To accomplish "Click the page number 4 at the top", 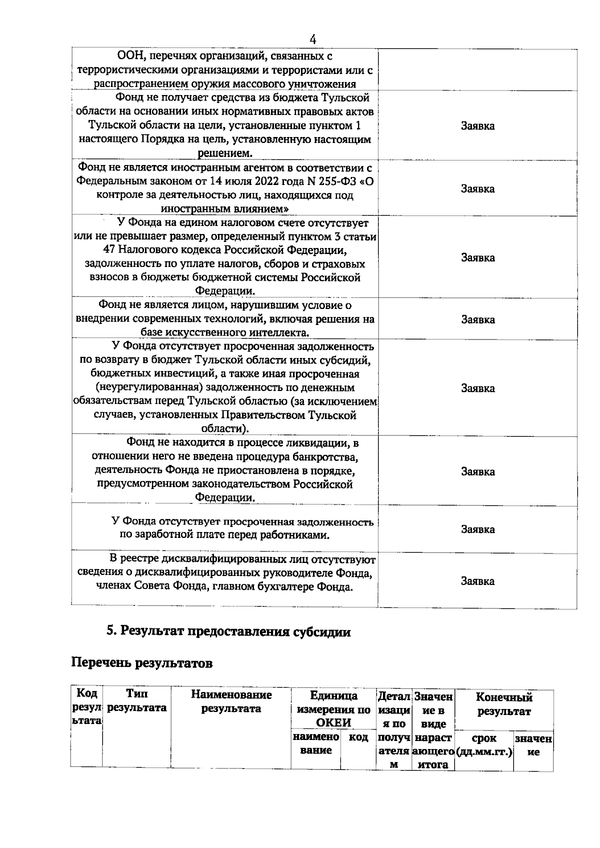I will [313, 38].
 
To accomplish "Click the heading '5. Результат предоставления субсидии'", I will [228, 631].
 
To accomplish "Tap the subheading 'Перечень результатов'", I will [142, 663].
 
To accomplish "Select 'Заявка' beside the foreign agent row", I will [477, 188].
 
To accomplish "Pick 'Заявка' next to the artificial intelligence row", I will [477, 319].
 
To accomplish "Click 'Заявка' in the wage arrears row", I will [477, 529].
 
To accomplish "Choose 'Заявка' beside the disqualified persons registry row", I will [477, 581].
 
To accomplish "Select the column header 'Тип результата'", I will [136, 701].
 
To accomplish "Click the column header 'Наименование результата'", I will [231, 701].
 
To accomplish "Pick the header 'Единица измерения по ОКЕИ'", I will [333, 708].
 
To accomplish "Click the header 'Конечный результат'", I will [503, 704].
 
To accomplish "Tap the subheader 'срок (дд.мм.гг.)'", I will [483, 744].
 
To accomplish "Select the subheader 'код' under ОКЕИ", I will [358, 737].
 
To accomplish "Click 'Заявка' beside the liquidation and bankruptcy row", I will [477, 471].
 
